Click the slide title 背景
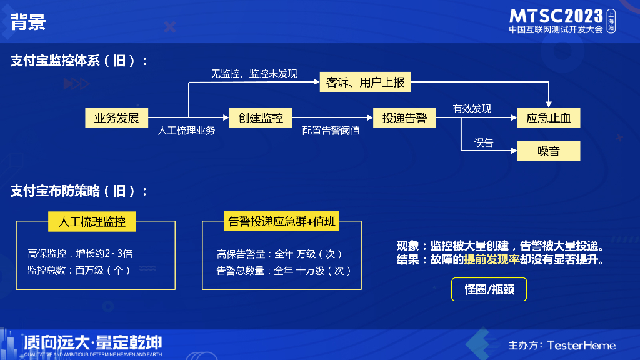point(28,22)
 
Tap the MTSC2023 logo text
point(556,16)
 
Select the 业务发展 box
point(117,117)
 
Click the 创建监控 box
point(256,117)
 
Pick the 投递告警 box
point(404,117)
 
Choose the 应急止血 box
point(549,117)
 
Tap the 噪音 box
point(549,151)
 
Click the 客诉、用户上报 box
point(366,82)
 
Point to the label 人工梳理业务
point(186,131)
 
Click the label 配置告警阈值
point(331,131)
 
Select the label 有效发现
point(472,109)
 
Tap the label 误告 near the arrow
point(484,143)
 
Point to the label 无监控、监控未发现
point(254,74)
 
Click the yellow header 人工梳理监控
point(92,221)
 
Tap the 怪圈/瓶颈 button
point(489,289)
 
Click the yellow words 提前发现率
point(492,259)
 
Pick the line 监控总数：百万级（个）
point(79,271)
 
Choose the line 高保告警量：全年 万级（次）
point(279,254)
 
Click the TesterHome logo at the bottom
point(581,345)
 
